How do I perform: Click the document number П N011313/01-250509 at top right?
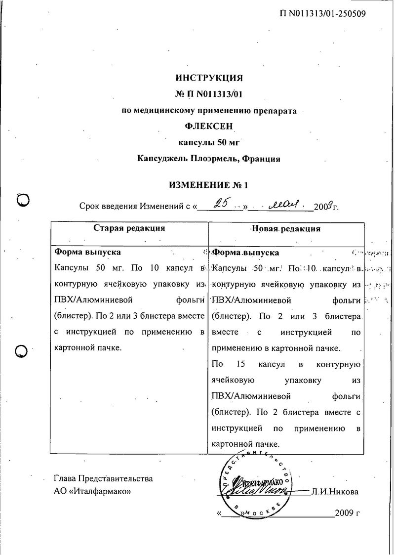(x=323, y=14)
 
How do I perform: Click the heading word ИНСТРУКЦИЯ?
(x=209, y=78)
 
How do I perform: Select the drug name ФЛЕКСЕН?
(x=209, y=126)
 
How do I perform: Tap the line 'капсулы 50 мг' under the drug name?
(x=209, y=142)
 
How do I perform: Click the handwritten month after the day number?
(x=282, y=204)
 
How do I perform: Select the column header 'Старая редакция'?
(x=129, y=228)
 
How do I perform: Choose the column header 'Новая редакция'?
(x=286, y=228)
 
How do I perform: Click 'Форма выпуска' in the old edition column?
(x=87, y=252)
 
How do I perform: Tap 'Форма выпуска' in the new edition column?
(x=245, y=253)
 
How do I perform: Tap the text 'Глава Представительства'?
(x=103, y=478)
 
